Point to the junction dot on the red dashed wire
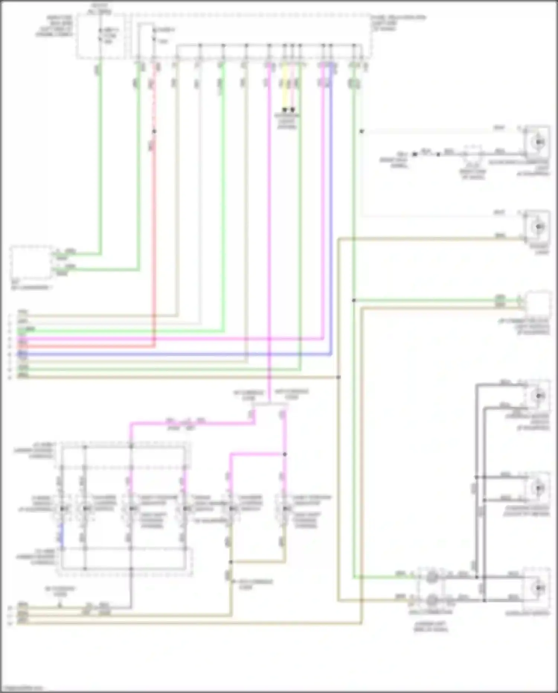[154, 131]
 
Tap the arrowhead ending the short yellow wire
[285, 110]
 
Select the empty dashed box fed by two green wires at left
[32, 263]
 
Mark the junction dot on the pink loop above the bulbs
[285, 454]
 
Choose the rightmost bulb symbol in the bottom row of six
[285, 508]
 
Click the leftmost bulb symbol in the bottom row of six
[62, 508]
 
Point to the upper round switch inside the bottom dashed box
[432, 577]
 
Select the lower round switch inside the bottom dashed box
[432, 600]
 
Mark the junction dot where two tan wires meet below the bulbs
[231, 562]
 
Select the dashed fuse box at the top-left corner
[100, 36]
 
